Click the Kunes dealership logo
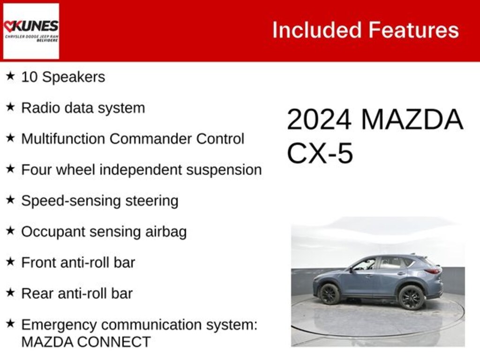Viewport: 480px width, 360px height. pyautogui.click(x=31, y=31)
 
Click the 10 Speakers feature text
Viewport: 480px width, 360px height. pyautogui.click(x=63, y=77)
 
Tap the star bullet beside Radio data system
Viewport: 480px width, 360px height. pyautogui.click(x=10, y=107)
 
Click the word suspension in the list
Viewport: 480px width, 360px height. pyautogui.click(x=224, y=170)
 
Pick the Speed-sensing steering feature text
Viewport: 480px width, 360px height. pyautogui.click(x=99, y=201)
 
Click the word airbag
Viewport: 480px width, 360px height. pyautogui.click(x=165, y=232)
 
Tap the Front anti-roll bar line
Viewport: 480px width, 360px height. pyautogui.click(x=78, y=262)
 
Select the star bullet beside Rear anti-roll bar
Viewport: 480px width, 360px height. pyautogui.click(x=10, y=293)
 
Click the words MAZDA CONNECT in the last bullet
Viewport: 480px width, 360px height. pyautogui.click(x=86, y=342)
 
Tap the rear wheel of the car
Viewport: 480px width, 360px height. pyautogui.click(x=411, y=297)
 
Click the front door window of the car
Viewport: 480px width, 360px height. pyautogui.click(x=366, y=264)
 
